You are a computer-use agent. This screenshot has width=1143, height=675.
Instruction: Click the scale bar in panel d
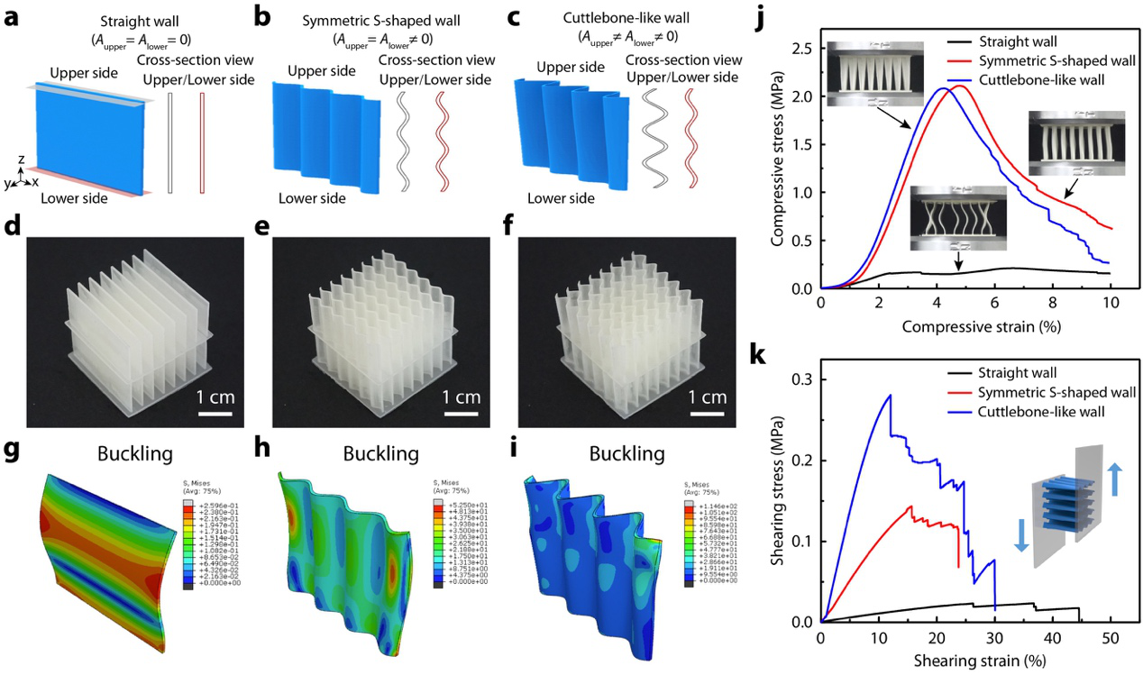(x=212, y=414)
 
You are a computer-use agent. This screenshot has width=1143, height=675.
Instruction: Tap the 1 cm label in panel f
(x=705, y=396)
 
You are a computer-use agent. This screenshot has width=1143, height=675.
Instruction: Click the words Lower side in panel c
(x=561, y=198)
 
